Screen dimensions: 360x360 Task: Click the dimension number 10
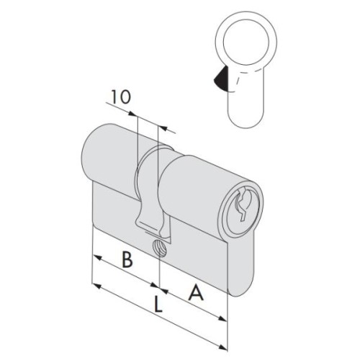pyautogui.click(x=121, y=96)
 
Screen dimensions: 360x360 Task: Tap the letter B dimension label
pyautogui.click(x=127, y=259)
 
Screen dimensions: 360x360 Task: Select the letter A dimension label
pyautogui.click(x=196, y=292)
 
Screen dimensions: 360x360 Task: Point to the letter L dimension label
pyautogui.click(x=158, y=304)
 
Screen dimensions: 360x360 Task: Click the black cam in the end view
pyautogui.click(x=221, y=78)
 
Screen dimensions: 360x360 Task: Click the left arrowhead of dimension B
pyautogui.click(x=97, y=258)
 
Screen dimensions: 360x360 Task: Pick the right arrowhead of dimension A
pyautogui.click(x=222, y=318)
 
